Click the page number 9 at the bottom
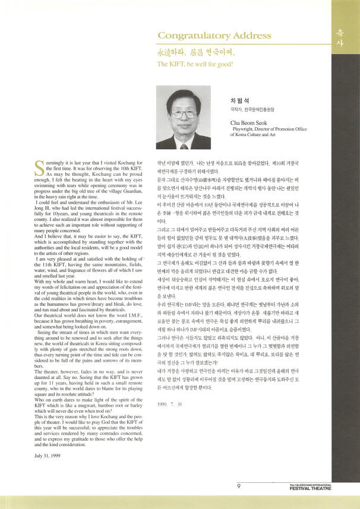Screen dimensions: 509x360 pyautogui.click(x=238, y=486)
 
